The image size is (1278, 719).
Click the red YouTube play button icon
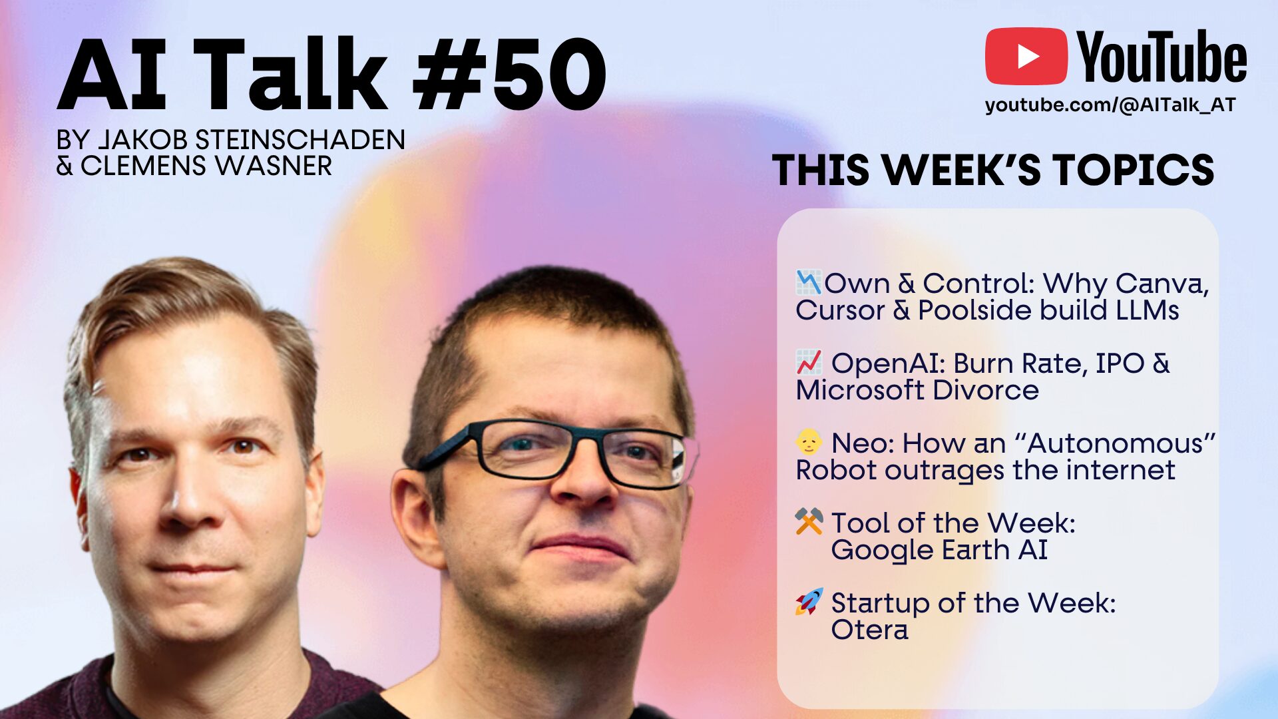(x=1026, y=57)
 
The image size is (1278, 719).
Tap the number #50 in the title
(x=509, y=75)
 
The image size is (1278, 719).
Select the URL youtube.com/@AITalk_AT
(x=1110, y=105)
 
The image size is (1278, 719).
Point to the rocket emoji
(x=809, y=602)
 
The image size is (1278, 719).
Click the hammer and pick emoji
(x=809, y=522)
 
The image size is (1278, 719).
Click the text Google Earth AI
(x=939, y=551)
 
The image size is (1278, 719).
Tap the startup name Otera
(x=869, y=630)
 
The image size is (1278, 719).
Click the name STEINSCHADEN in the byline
(x=300, y=140)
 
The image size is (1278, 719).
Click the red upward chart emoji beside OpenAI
(x=809, y=363)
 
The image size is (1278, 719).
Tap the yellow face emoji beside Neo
(x=809, y=442)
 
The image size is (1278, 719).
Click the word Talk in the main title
(x=290, y=75)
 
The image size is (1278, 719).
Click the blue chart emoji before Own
(x=809, y=283)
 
